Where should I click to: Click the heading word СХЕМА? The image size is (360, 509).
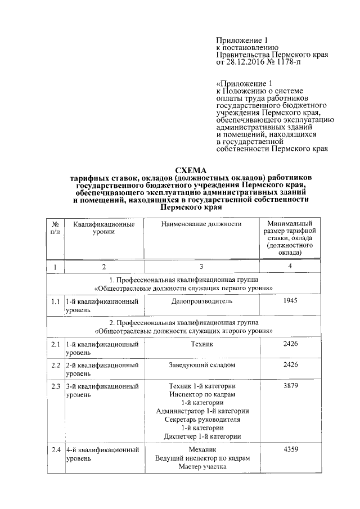pyautogui.click(x=191, y=170)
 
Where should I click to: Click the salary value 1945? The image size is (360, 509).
pyautogui.click(x=290, y=301)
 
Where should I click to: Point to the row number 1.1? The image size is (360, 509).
pyautogui.click(x=55, y=302)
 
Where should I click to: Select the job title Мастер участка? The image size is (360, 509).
pyautogui.click(x=201, y=466)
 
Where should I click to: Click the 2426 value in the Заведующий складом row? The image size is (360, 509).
pyautogui.click(x=290, y=365)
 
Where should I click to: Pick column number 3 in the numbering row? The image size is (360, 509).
pyautogui.click(x=201, y=267)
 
